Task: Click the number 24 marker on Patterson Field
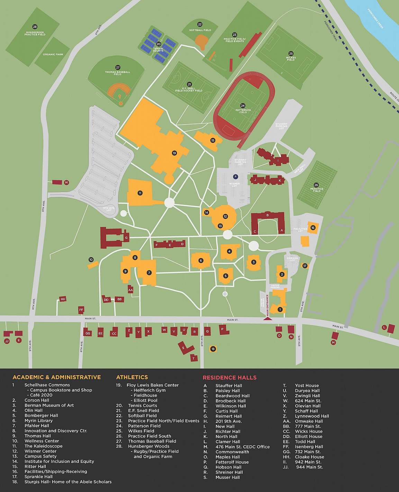(x=243, y=106)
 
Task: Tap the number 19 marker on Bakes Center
(x=174, y=153)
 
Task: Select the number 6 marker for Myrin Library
(x=201, y=261)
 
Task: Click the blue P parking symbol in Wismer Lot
(x=235, y=176)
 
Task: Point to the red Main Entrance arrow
(x=267, y=317)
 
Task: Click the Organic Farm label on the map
(x=53, y=55)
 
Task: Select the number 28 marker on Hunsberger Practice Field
(x=35, y=27)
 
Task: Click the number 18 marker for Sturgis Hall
(x=213, y=349)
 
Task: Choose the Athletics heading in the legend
(x=132, y=377)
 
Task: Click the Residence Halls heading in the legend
(x=229, y=377)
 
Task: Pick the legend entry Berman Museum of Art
(x=49, y=405)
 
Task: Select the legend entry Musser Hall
(x=227, y=477)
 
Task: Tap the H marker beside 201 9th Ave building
(x=67, y=182)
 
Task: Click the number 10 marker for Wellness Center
(x=91, y=259)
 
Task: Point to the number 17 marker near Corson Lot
(x=305, y=266)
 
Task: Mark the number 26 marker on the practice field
(x=316, y=185)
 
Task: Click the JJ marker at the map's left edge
(x=7, y=341)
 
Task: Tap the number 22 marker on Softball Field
(x=200, y=25)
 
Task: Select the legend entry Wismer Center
(x=40, y=451)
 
